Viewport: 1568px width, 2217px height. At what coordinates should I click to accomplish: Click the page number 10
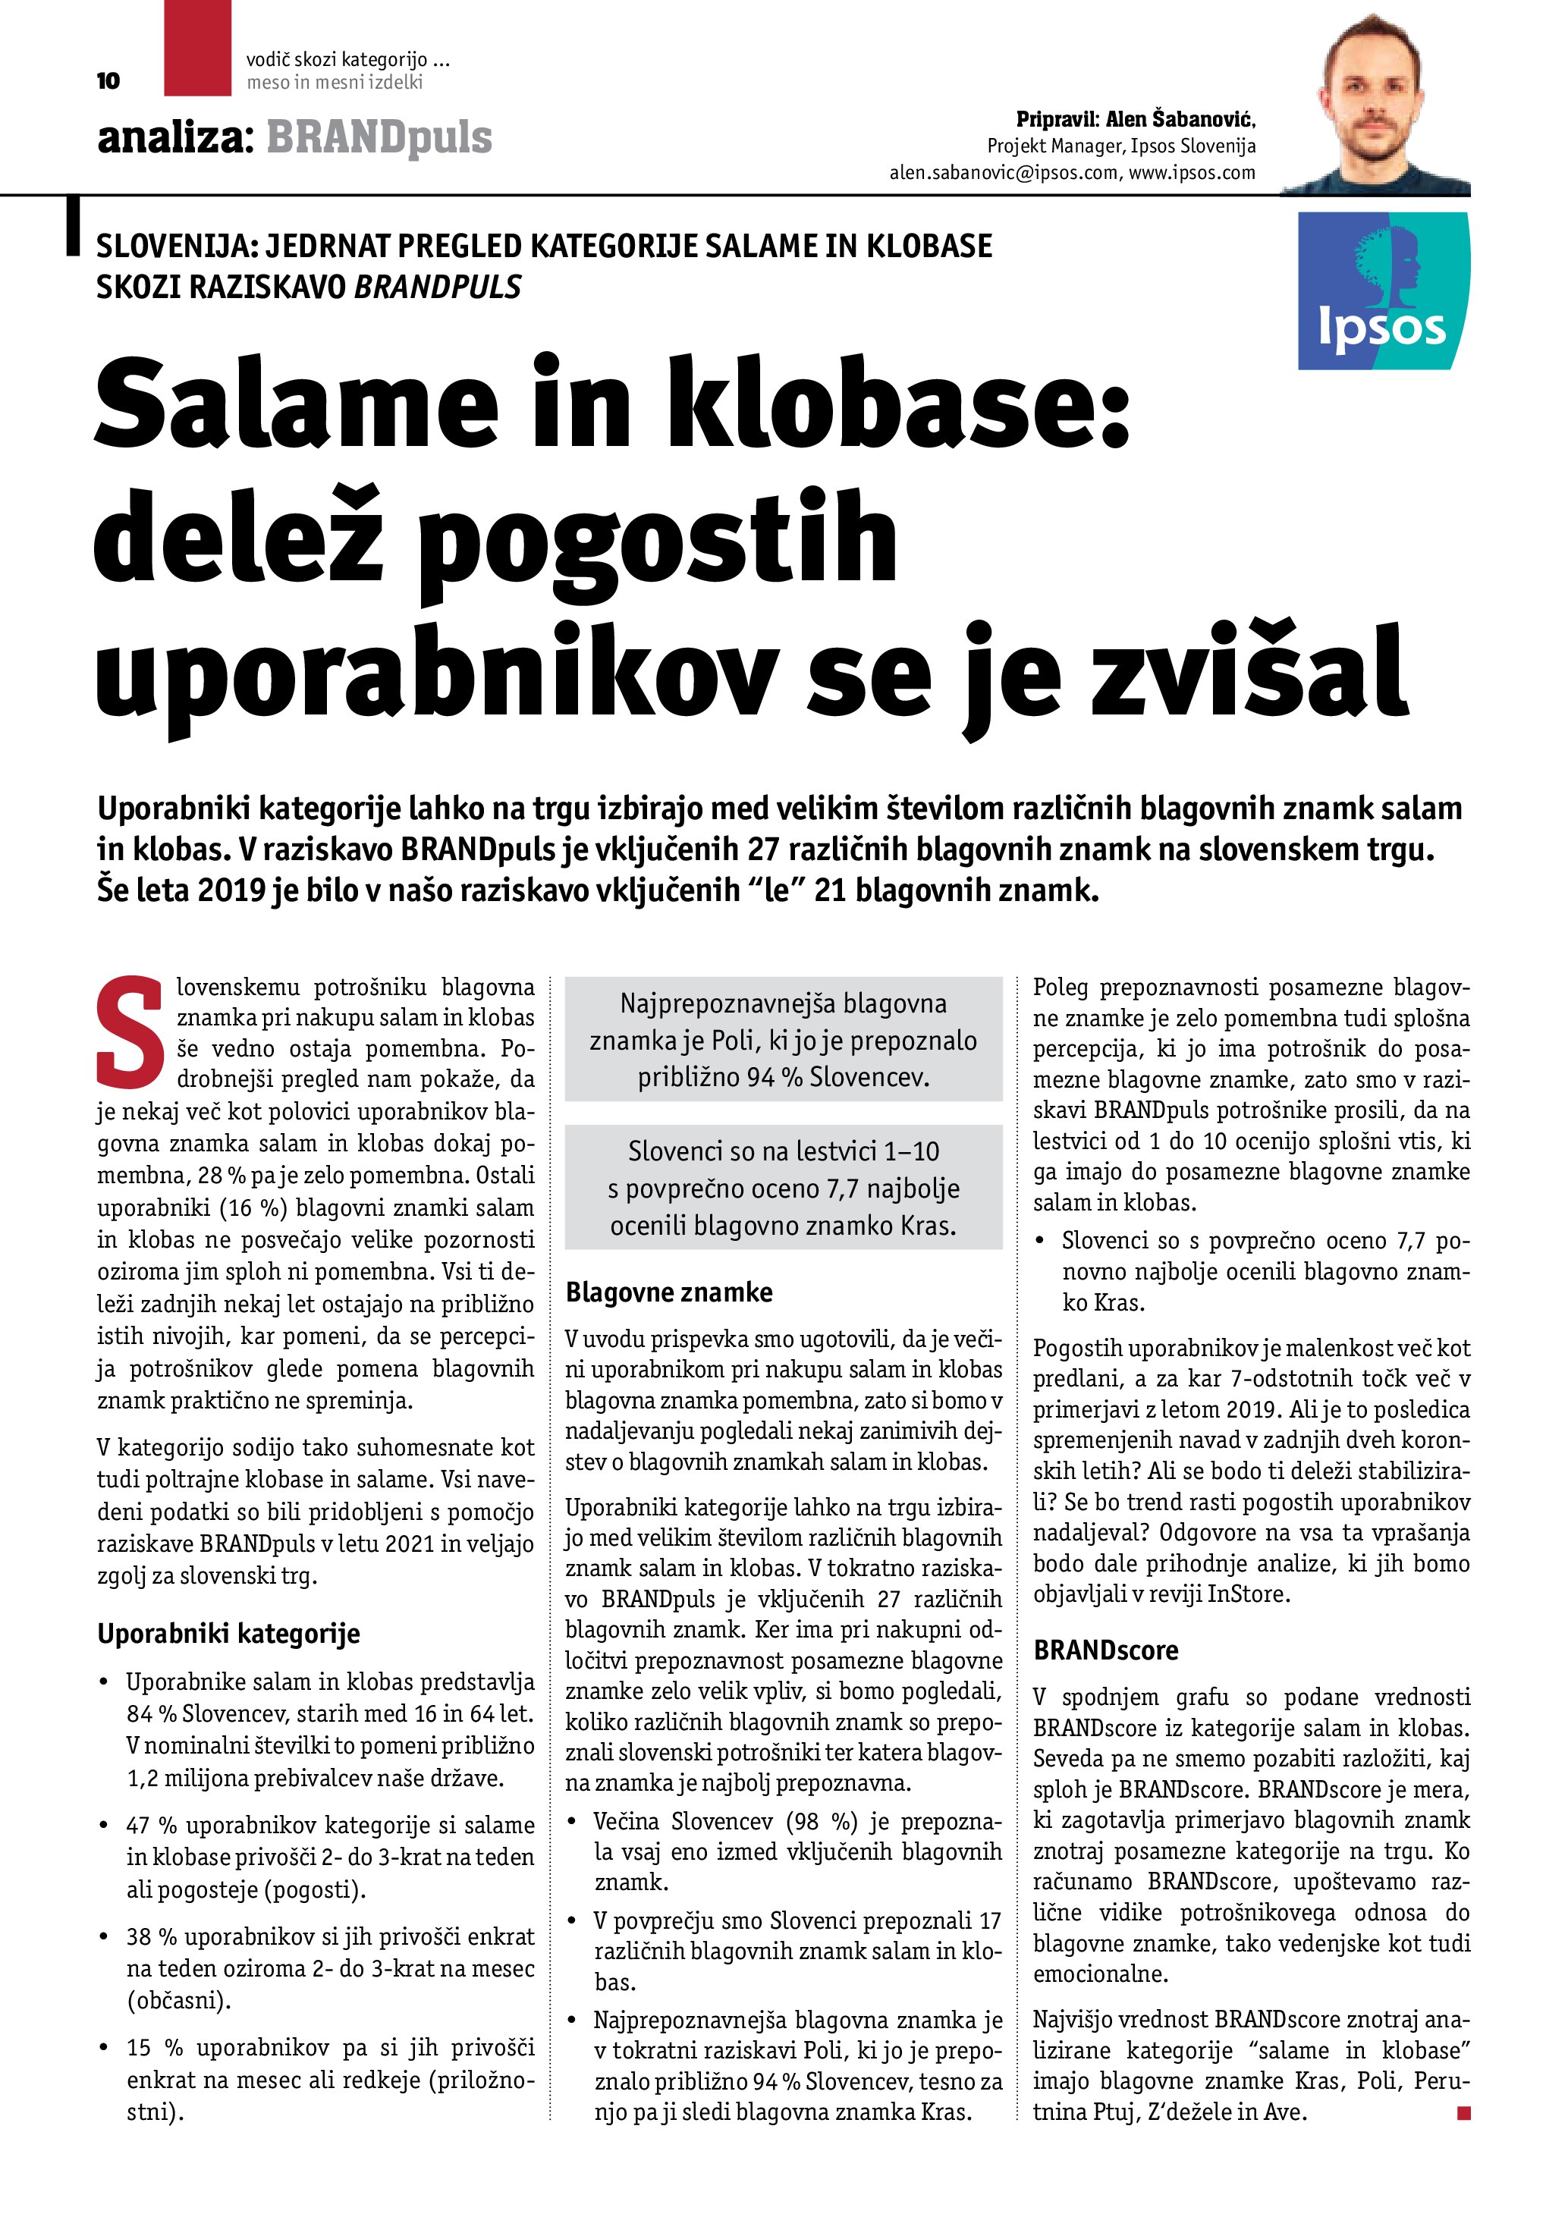[x=108, y=81]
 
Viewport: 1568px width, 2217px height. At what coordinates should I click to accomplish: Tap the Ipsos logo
[x=1383, y=290]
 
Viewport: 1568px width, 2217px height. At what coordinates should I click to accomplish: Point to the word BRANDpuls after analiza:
[x=379, y=138]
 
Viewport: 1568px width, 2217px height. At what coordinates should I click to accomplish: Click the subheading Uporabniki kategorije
[x=229, y=1634]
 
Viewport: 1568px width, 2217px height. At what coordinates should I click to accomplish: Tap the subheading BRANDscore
[x=1105, y=1650]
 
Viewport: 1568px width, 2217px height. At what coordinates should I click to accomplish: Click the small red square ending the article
[x=1463, y=2114]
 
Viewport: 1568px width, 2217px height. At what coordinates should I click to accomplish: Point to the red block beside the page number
[x=197, y=49]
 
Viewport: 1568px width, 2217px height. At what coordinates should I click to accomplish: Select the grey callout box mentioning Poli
[x=783, y=1040]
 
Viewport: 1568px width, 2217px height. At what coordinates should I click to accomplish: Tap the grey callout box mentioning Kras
[x=783, y=1188]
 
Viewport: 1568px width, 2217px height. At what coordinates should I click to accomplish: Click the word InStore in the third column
[x=1246, y=1594]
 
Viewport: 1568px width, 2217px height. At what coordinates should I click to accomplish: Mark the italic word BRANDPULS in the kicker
[x=438, y=287]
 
